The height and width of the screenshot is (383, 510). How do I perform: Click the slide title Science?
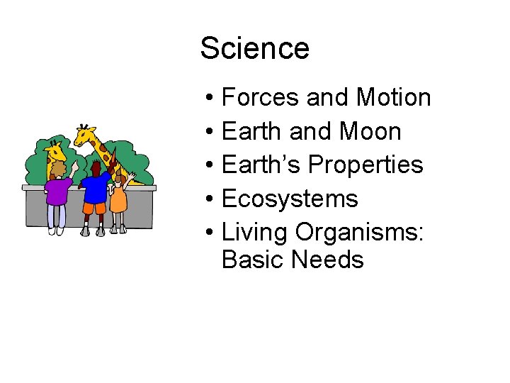pyautogui.click(x=254, y=49)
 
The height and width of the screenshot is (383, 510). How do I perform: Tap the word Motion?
pyautogui.click(x=394, y=97)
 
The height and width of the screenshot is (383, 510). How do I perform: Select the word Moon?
pyautogui.click(x=370, y=131)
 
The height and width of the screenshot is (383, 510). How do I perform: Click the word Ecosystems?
pyautogui.click(x=290, y=199)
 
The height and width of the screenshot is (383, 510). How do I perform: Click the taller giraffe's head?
pyautogui.click(x=86, y=133)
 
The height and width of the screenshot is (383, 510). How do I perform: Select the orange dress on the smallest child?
pyautogui.click(x=119, y=199)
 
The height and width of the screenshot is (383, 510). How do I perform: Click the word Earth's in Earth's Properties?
pyautogui.click(x=261, y=165)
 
